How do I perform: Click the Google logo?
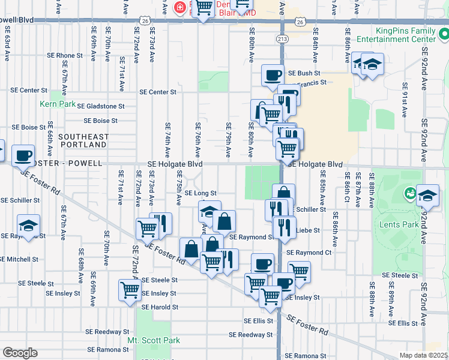[20, 353]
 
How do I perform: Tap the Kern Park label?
[58, 104]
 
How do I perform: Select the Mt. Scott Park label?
[154, 340]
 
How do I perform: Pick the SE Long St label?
[200, 193]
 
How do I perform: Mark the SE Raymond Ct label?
[309, 253]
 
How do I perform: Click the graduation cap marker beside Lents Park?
[427, 196]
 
